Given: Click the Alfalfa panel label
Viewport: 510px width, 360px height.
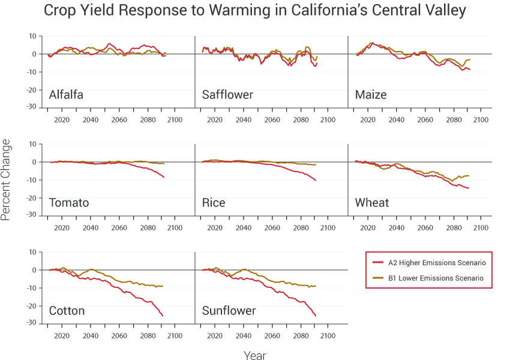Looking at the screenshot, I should click(66, 95).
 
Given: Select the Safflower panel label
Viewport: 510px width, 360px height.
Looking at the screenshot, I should click(227, 95).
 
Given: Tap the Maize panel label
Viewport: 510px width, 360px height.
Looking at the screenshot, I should click(371, 95).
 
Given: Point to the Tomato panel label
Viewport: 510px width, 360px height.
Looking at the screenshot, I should click(68, 203).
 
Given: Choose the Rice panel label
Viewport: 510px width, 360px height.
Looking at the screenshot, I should click(214, 203).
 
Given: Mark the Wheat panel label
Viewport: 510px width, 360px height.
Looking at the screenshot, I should click(372, 203).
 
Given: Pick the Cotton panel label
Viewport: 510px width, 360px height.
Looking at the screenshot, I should click(67, 311).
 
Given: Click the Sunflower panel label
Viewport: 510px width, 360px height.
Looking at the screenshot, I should click(229, 311).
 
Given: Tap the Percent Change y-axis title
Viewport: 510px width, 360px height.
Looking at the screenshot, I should click(6, 179).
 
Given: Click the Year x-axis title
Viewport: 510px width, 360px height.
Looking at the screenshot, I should click(255, 356).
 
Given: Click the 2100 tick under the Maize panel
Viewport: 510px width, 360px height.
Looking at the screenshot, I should click(481, 120).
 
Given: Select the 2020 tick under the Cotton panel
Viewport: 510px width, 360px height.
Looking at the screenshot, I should click(62, 336).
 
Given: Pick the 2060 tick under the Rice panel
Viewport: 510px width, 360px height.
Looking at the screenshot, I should click(272, 228).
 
